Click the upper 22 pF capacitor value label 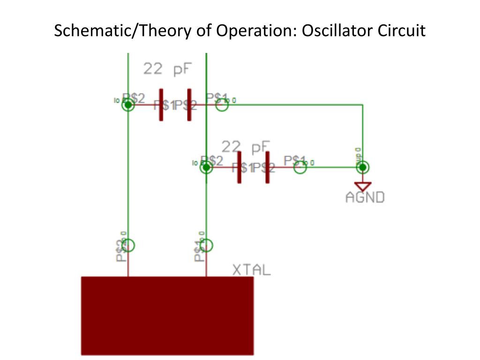click(x=167, y=69)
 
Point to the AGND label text click(x=365, y=197)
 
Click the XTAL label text click(x=252, y=270)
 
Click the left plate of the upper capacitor click(x=161, y=105)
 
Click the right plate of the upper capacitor click(x=189, y=105)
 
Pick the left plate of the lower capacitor click(x=240, y=167)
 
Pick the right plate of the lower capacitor click(x=268, y=167)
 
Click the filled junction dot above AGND click(x=363, y=167)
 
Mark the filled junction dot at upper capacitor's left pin click(x=128, y=105)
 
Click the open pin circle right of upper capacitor click(x=222, y=105)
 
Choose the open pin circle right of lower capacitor click(x=300, y=167)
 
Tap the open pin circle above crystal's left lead click(x=128, y=245)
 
